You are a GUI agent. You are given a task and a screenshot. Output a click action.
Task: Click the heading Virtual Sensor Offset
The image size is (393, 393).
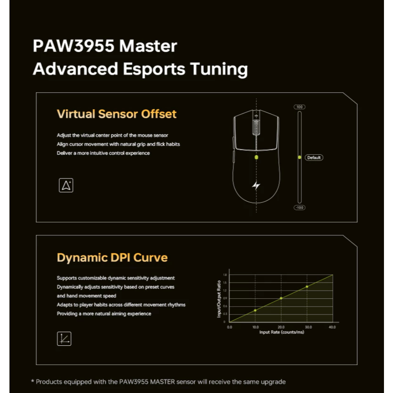[117, 114]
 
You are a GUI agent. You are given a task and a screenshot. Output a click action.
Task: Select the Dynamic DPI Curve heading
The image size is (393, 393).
[112, 258]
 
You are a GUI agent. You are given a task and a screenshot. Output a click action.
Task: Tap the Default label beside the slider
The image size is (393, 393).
[314, 158]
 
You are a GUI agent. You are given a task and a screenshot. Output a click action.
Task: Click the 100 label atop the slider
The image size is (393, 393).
[300, 107]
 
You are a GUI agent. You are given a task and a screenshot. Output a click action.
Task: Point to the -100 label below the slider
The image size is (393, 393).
[300, 208]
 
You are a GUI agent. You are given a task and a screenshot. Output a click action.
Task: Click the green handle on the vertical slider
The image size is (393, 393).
[300, 157]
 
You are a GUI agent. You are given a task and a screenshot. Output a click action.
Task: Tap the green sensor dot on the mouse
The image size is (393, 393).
[256, 157]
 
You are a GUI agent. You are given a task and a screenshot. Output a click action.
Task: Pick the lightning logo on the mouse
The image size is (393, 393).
[256, 185]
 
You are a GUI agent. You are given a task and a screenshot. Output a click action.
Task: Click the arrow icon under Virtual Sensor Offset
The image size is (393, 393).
[66, 185]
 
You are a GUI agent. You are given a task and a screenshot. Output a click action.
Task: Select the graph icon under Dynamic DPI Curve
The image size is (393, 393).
[64, 339]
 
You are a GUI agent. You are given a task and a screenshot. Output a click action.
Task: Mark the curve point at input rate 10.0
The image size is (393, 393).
[255, 310]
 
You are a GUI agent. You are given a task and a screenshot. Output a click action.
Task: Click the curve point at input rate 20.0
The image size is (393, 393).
[281, 298]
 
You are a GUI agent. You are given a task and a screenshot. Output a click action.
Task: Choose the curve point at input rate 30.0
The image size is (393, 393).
[307, 286]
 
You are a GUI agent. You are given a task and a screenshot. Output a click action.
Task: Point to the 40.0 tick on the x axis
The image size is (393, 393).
[332, 327]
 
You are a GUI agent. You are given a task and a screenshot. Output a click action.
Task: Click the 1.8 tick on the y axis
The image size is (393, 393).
[225, 275]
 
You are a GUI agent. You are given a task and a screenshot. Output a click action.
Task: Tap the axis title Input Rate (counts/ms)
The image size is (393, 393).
[282, 332]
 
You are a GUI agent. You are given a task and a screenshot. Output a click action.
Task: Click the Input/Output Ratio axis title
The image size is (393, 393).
[219, 299]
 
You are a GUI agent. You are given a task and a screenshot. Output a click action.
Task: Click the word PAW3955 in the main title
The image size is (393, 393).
[74, 46]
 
